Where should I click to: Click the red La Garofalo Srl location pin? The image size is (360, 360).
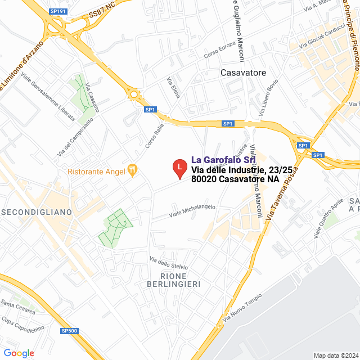[179, 168]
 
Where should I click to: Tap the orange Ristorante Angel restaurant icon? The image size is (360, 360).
[133, 169]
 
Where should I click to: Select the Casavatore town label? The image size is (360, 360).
[244, 73]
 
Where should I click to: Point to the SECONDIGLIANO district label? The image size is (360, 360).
[37, 212]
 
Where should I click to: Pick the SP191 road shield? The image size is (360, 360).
[57, 11]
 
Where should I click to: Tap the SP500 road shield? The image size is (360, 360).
[69, 331]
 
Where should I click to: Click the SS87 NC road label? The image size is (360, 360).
[102, 13]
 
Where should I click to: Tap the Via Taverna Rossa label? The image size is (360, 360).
[286, 191]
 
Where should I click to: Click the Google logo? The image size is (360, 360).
[19, 353]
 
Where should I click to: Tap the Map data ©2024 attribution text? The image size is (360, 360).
[336, 355]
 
